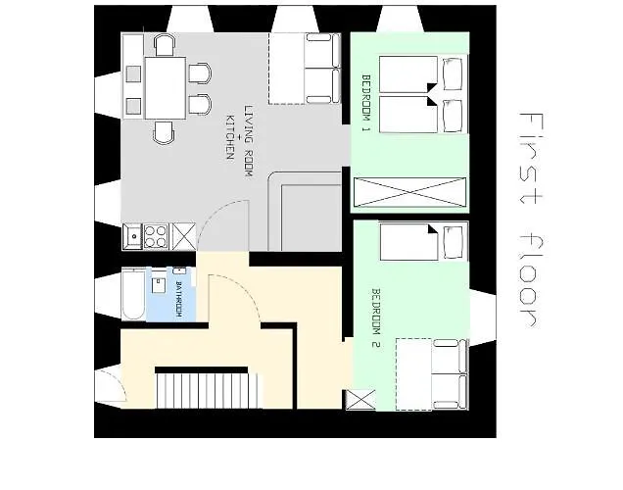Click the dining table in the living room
click(x=165, y=86)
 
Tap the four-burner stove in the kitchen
click(x=156, y=235)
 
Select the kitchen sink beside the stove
click(x=132, y=235)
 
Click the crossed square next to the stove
click(x=182, y=235)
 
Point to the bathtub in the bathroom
click(x=133, y=293)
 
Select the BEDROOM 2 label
click(x=374, y=318)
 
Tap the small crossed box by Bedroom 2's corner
click(x=359, y=401)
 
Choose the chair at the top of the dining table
click(x=164, y=44)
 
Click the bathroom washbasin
click(x=158, y=286)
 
